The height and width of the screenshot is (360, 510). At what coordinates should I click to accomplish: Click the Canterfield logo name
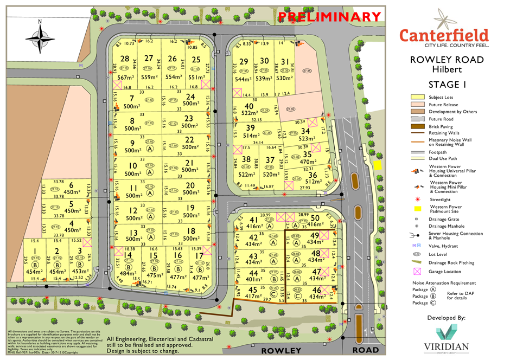click(444, 35)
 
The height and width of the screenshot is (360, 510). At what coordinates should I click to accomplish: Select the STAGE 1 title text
click(447, 84)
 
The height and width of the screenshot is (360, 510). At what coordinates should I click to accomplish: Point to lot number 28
click(125, 59)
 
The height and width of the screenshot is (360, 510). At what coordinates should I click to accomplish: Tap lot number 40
click(249, 106)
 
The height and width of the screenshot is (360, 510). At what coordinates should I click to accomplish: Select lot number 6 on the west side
click(71, 185)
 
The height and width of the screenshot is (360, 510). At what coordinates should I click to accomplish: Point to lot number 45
click(253, 289)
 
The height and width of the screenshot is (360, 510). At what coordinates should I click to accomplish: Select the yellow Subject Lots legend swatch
click(417, 97)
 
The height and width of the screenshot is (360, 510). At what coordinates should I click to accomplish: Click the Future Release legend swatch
click(417, 105)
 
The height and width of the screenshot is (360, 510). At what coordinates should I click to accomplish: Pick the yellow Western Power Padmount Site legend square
click(417, 209)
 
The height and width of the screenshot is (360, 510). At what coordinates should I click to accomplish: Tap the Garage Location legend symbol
click(417, 271)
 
